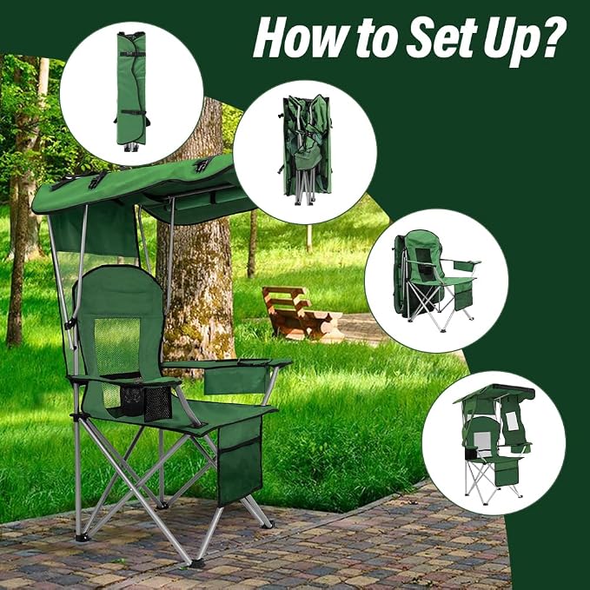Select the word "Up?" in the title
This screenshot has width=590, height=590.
[524, 42]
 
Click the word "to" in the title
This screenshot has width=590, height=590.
[377, 39]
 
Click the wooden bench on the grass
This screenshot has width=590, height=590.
[296, 312]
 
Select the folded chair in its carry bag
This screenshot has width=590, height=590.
[131, 91]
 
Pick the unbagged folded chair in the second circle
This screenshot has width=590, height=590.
[306, 150]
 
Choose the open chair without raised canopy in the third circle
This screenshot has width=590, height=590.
[435, 281]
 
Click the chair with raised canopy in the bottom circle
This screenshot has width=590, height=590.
[494, 444]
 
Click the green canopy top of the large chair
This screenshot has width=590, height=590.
[143, 189]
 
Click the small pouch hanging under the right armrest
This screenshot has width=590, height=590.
[235, 380]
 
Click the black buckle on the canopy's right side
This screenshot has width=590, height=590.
[202, 164]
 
